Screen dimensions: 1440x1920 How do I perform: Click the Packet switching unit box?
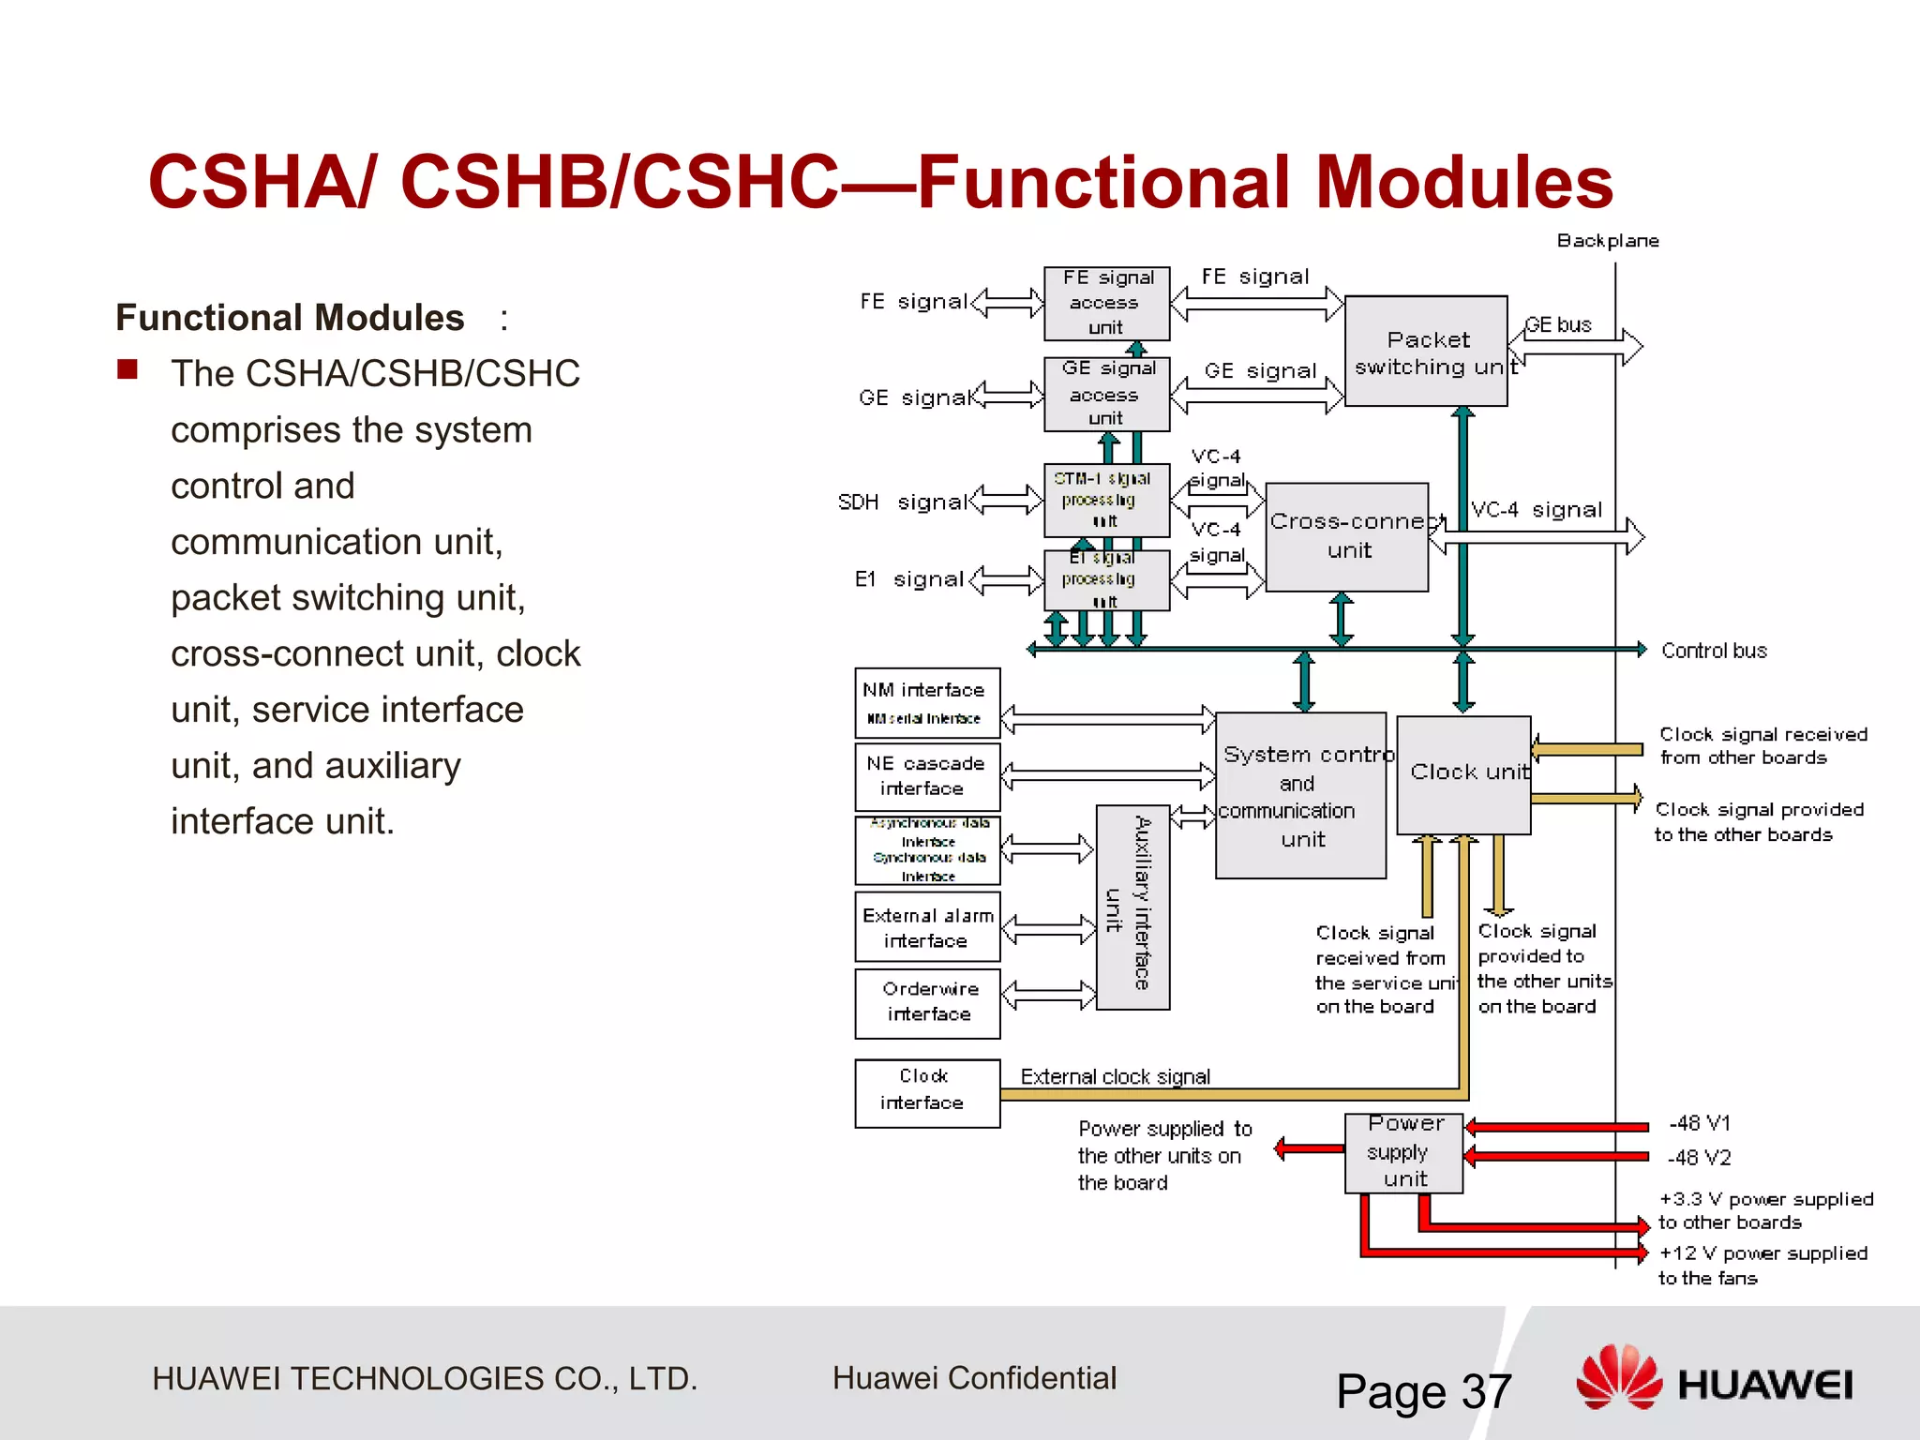point(1425,352)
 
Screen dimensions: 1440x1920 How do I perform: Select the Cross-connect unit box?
point(1346,537)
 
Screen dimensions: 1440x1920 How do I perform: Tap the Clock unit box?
point(1463,774)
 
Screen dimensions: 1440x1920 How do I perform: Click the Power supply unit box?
point(1403,1152)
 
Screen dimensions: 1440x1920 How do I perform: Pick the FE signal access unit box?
point(1106,303)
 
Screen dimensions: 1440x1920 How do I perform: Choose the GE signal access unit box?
point(1106,394)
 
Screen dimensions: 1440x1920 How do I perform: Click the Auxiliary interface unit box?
point(1132,907)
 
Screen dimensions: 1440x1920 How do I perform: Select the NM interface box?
point(926,702)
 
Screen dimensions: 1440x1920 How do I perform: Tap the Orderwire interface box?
point(926,1002)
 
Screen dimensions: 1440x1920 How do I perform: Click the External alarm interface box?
point(926,927)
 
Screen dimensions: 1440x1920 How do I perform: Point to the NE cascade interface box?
point(926,776)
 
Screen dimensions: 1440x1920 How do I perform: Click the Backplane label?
point(1607,241)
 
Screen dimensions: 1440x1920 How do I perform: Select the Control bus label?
point(1713,651)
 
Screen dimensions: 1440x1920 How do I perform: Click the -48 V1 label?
point(1699,1123)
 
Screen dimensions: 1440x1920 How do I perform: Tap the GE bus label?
point(1558,325)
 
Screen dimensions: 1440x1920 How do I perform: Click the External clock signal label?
point(1115,1076)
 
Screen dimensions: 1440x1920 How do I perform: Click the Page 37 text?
point(1423,1391)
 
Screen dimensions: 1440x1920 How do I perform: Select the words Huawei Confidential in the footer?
point(974,1378)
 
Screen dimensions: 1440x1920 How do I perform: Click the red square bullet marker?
point(127,369)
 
